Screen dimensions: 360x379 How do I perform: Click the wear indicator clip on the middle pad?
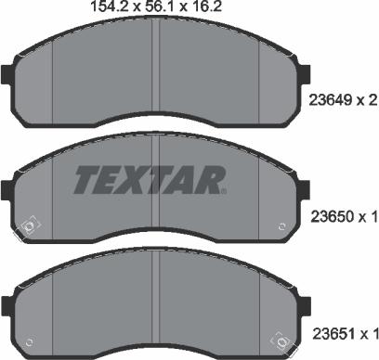[x=29, y=224]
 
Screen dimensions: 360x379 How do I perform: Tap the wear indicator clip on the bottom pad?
[x=276, y=338]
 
